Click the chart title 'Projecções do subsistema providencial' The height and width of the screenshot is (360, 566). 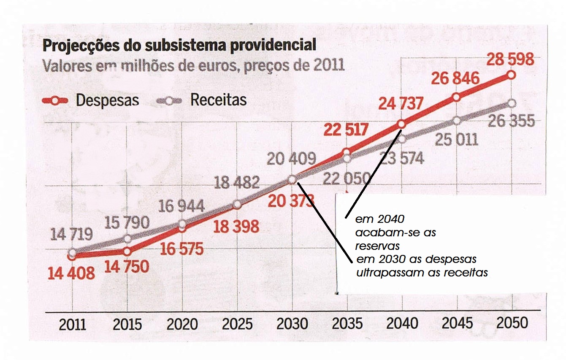pos(179,46)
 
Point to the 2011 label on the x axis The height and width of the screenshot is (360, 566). pos(73,324)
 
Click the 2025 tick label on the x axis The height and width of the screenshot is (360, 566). pos(237,324)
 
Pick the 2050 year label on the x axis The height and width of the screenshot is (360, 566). pos(512,323)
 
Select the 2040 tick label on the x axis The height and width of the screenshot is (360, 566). pos(402,323)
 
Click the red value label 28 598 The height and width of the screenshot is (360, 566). pos(510,60)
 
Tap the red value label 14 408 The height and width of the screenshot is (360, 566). pos(71,273)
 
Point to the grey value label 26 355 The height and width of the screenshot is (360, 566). pos(511,122)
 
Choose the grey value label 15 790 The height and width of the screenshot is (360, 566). pos(127,223)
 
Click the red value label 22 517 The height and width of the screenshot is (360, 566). pos(346,130)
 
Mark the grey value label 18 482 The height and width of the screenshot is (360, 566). pos(236,183)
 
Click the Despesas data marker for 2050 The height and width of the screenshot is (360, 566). pos(512,75)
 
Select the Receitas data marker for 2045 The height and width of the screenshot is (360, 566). pos(457,121)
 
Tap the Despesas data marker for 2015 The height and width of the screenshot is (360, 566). pos(127,251)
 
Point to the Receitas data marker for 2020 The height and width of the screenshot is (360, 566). pos(182,224)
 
